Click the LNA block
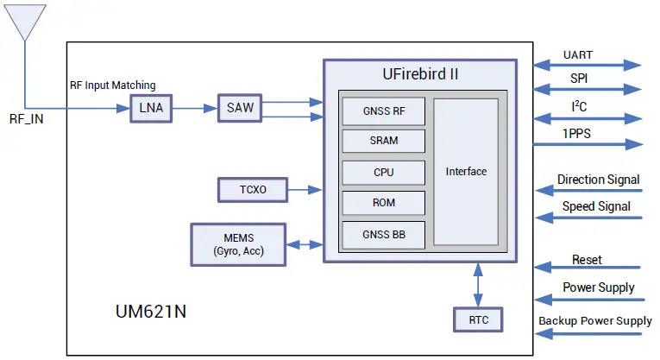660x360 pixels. click(151, 109)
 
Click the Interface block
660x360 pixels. click(466, 171)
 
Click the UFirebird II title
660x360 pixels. click(420, 73)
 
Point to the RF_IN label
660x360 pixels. click(26, 119)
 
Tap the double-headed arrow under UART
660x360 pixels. click(588, 66)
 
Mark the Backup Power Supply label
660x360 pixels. click(595, 321)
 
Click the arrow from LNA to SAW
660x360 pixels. click(194, 109)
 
